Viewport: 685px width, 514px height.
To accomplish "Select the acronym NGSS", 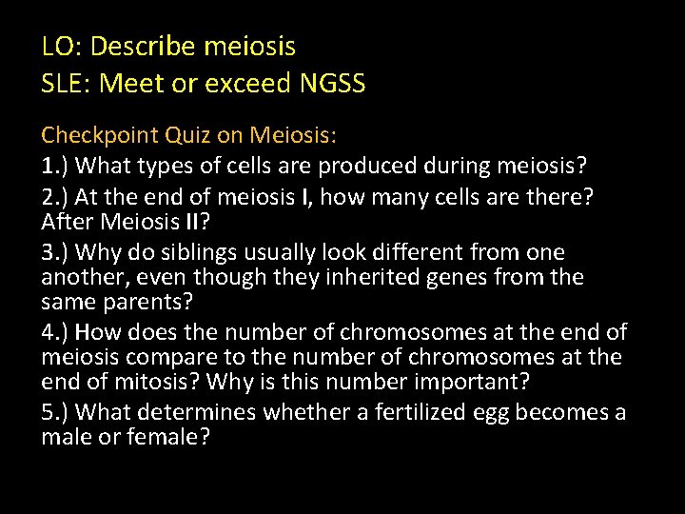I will pyautogui.click(x=332, y=84).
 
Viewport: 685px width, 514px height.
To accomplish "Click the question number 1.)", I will pyautogui.click(x=55, y=167).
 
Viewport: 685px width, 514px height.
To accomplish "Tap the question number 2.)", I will pyautogui.click(x=55, y=198).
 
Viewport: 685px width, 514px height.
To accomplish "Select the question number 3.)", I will pyautogui.click(x=55, y=253).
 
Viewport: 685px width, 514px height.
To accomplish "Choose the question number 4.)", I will pyautogui.click(x=55, y=332).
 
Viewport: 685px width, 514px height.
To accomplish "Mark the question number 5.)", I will pyautogui.click(x=55, y=412).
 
